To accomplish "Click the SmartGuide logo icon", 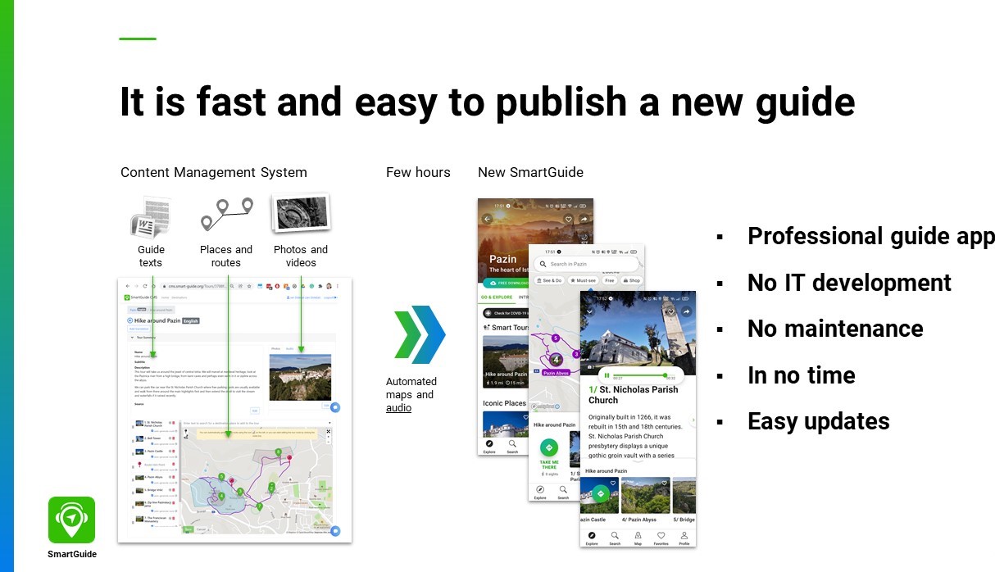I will [71, 520].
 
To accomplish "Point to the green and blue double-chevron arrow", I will [419, 334].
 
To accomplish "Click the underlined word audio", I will [398, 408].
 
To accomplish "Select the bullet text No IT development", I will [849, 283].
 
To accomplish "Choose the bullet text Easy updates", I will [818, 421].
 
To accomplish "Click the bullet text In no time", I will [801, 375].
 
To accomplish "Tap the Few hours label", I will [418, 172].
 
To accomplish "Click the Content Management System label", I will [214, 172].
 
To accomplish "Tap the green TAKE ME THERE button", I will [549, 448].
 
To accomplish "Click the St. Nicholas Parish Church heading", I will [634, 395].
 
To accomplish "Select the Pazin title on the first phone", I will [503, 259].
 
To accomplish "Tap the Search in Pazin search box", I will [586, 264].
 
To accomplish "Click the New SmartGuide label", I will [530, 172].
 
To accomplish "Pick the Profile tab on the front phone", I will [684, 538].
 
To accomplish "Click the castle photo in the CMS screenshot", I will [300, 378].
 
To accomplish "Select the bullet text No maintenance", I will [835, 329].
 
